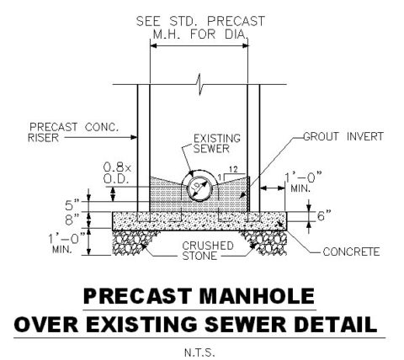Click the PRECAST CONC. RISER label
[x=73, y=132]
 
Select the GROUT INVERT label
[x=343, y=136]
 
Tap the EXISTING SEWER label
[x=217, y=144]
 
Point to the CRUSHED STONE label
[x=208, y=251]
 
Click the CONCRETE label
[x=351, y=251]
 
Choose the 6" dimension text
[x=324, y=216]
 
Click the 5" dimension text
[x=72, y=205]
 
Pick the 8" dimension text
[x=72, y=220]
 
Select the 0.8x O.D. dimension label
[x=117, y=173]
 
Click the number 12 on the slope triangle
[x=233, y=169]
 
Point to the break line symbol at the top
[x=199, y=84]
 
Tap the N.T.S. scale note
[x=199, y=352]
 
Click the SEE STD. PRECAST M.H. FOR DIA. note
[x=200, y=28]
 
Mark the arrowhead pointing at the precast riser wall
[x=133, y=137]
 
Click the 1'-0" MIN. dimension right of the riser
[x=303, y=183]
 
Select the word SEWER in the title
[x=245, y=325]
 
